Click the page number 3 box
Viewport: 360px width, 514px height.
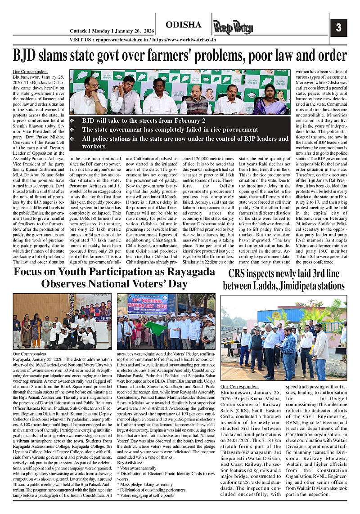click(x=338, y=28)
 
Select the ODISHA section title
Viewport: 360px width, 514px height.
click(x=183, y=24)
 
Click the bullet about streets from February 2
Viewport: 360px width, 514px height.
click(x=144, y=121)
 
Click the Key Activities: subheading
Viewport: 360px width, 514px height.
click(x=130, y=463)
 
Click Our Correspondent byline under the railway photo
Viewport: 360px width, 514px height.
click(x=240, y=387)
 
